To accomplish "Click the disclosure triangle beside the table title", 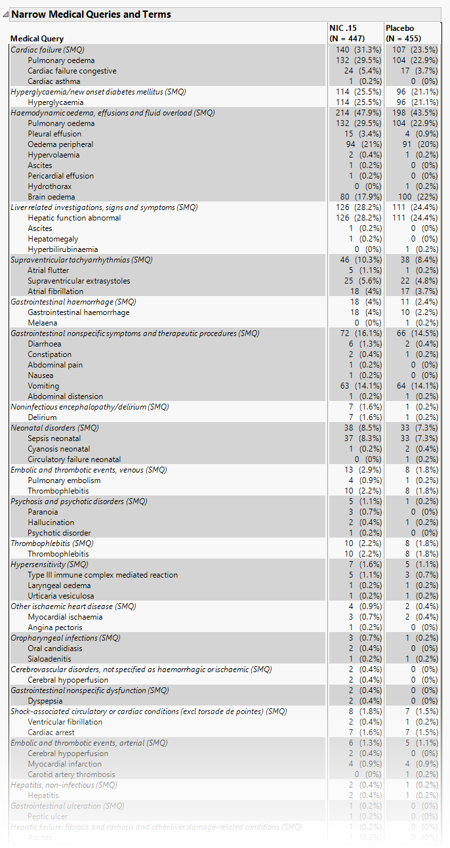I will pos(7,14).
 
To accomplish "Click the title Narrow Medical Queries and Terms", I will pos(91,14).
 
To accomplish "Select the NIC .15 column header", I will pos(347,33).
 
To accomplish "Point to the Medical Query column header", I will pos(37,39).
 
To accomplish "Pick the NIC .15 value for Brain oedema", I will pos(354,197).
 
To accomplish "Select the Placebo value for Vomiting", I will pos(417,386).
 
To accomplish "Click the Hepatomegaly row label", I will pos(52,239).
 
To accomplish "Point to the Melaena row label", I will pos(42,323).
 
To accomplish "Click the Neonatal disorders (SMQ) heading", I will pos(54,428).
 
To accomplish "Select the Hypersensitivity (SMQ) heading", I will pos(49,564).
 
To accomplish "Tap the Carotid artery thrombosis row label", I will pos(72,774).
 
